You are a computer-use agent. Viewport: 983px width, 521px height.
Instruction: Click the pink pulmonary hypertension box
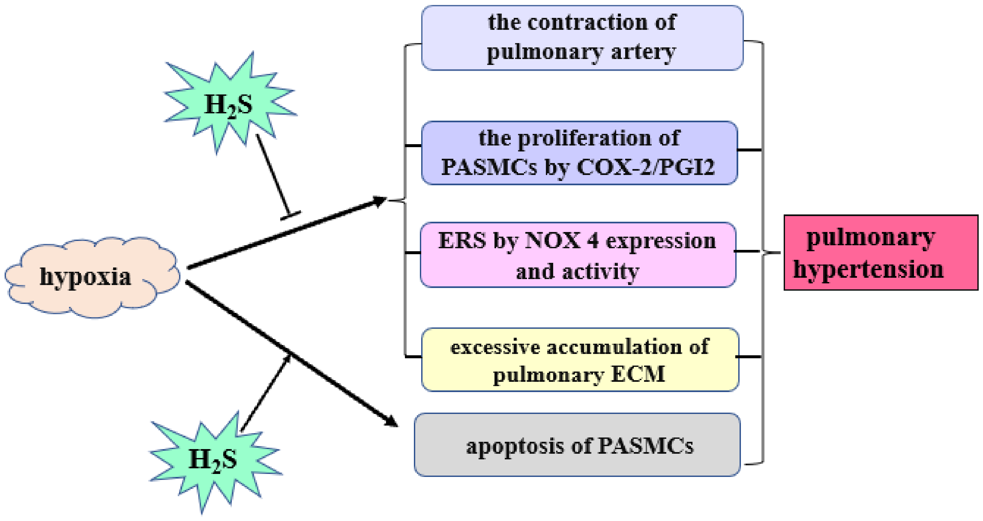[x=881, y=253]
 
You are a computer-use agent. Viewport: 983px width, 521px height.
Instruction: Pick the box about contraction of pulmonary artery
[x=582, y=38]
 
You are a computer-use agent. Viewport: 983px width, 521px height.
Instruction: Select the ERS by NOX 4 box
[x=578, y=255]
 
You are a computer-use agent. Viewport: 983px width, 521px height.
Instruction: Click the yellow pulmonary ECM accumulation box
[x=580, y=360]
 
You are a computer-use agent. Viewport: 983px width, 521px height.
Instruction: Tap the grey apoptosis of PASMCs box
[x=577, y=445]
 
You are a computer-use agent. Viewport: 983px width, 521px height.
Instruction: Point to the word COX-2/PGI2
[x=645, y=167]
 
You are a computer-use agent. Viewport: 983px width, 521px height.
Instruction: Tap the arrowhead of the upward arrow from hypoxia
[x=380, y=201]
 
